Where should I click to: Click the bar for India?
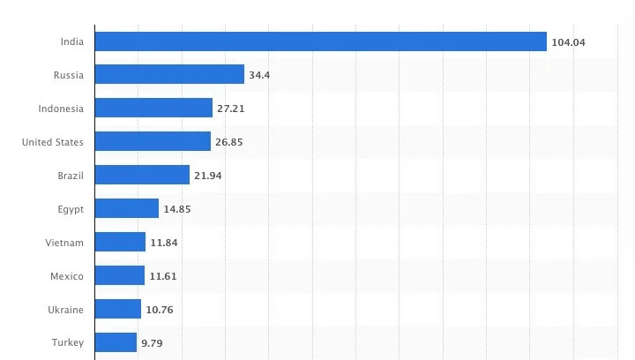[x=320, y=41]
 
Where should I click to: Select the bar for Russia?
[x=169, y=75]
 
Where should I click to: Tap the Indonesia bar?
[x=153, y=109]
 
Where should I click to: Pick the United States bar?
[x=153, y=142]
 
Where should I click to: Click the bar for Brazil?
[x=142, y=176]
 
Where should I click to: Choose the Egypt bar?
[x=126, y=209]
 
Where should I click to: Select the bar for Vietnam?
[x=120, y=243]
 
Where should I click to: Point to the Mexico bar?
[x=119, y=276]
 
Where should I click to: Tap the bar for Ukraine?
[x=117, y=310]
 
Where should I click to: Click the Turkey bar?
[x=116, y=342]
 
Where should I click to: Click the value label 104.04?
[x=569, y=42]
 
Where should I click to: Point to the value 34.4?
[x=259, y=76]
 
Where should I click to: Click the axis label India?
[x=72, y=41]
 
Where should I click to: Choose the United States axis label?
[x=53, y=142]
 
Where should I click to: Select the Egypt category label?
[x=70, y=209]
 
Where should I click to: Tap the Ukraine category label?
[x=66, y=310]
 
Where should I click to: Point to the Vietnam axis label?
[x=64, y=243]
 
